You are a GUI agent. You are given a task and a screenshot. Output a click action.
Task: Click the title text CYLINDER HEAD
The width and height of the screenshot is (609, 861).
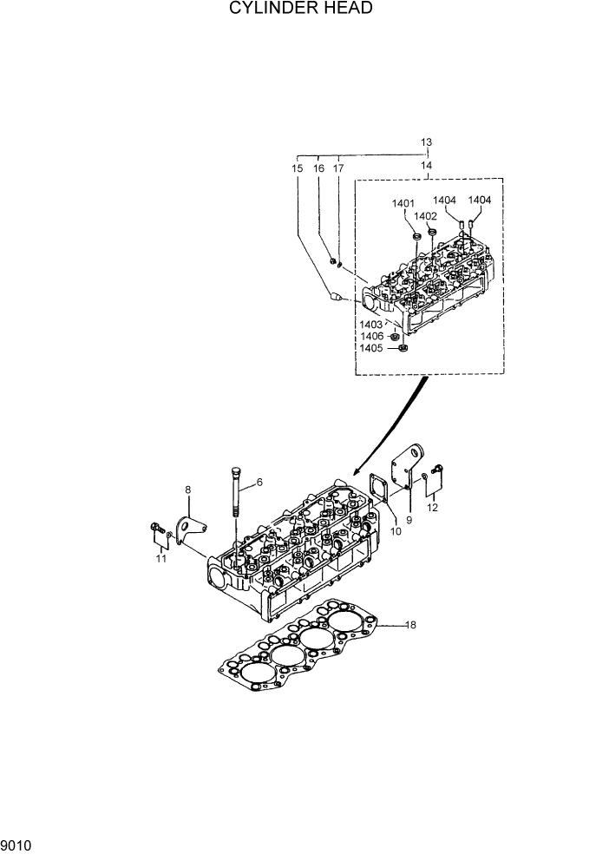click(x=301, y=9)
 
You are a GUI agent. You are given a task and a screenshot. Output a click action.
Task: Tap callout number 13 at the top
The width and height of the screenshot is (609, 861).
click(x=426, y=142)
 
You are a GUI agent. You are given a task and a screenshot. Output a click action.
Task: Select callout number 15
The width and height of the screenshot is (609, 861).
click(x=298, y=168)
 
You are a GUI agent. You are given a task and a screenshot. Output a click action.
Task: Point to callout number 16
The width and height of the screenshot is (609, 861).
click(x=318, y=168)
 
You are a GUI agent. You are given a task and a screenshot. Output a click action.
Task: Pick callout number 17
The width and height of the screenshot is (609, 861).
click(x=338, y=168)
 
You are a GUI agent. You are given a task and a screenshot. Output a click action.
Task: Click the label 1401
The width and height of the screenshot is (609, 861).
click(x=403, y=204)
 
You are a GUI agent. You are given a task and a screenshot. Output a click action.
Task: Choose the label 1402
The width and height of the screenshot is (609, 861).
click(x=425, y=216)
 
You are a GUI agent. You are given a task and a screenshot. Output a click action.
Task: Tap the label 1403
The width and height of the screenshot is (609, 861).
click(x=372, y=324)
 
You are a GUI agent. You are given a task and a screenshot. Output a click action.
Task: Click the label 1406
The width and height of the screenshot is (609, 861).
click(x=372, y=336)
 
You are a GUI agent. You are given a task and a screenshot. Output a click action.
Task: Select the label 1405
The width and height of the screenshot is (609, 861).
click(x=372, y=349)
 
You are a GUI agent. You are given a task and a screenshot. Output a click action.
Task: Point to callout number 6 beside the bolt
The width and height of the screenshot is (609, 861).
click(x=259, y=482)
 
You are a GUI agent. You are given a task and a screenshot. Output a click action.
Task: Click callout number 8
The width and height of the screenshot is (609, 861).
click(x=187, y=491)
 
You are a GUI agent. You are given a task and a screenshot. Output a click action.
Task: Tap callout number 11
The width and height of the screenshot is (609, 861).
click(x=160, y=559)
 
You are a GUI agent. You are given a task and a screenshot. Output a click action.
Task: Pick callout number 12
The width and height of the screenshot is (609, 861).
click(x=432, y=507)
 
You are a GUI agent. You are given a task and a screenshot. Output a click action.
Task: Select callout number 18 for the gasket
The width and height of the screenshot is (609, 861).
click(x=411, y=624)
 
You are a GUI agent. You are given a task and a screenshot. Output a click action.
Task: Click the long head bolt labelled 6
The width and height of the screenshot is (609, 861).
click(x=236, y=503)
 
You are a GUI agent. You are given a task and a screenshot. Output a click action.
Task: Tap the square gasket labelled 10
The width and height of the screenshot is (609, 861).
click(x=380, y=488)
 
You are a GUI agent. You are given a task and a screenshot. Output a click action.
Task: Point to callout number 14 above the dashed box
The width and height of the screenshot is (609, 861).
click(x=426, y=164)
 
